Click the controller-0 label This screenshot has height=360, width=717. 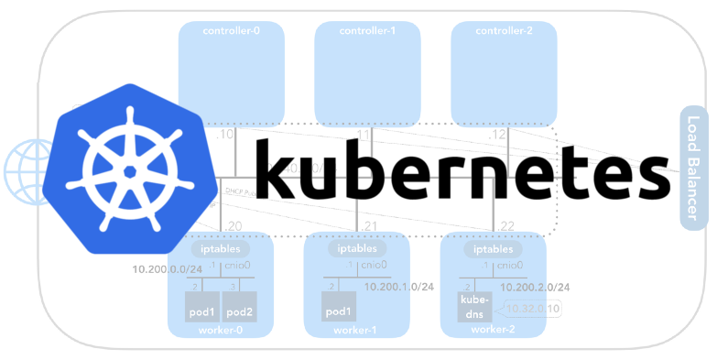[x=231, y=30]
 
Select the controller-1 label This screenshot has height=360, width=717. [x=367, y=30]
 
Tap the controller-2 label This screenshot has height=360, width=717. [x=504, y=30]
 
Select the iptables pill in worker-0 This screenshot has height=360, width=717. [x=221, y=248]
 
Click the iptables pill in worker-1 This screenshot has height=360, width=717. [x=356, y=248]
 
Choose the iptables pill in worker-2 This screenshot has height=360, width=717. [x=493, y=248]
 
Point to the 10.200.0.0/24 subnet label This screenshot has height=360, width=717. [x=168, y=269]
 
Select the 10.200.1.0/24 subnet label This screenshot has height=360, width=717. [x=399, y=287]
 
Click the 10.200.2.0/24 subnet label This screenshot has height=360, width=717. [x=537, y=287]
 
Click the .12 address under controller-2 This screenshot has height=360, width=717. [x=497, y=135]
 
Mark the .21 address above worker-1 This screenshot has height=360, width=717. [x=368, y=225]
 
